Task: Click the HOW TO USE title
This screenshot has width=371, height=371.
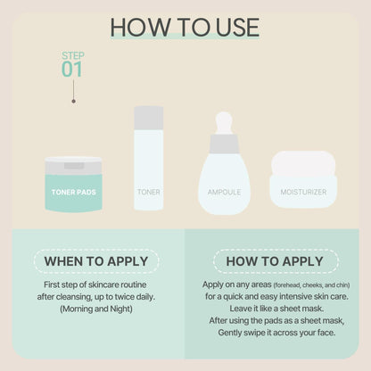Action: click(x=185, y=28)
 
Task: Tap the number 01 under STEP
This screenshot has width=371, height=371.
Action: click(x=72, y=70)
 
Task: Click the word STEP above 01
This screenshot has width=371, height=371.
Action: click(x=73, y=55)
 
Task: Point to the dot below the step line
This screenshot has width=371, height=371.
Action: click(x=73, y=101)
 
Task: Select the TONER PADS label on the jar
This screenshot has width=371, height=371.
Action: click(x=74, y=192)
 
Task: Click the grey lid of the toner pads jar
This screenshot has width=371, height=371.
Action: click(x=73, y=166)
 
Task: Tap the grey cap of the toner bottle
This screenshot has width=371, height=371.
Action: click(x=149, y=118)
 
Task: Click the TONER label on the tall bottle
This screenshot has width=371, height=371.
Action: click(x=149, y=192)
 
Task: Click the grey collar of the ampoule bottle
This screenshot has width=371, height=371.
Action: click(x=224, y=144)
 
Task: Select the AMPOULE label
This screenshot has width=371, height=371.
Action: click(x=224, y=192)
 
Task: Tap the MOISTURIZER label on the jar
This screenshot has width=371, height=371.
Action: click(x=303, y=192)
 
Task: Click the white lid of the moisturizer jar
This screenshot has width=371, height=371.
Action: click(x=303, y=164)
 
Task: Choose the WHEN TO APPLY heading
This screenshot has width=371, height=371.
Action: click(x=96, y=261)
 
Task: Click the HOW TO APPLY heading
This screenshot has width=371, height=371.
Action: click(x=275, y=261)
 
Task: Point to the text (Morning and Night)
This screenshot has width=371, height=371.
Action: click(x=96, y=309)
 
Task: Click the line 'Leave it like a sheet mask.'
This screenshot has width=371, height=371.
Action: click(x=276, y=309)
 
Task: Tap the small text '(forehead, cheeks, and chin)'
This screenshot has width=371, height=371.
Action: click(x=311, y=285)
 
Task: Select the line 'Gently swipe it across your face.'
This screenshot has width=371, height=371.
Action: click(x=276, y=333)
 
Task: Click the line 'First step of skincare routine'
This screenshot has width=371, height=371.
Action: click(x=95, y=284)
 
